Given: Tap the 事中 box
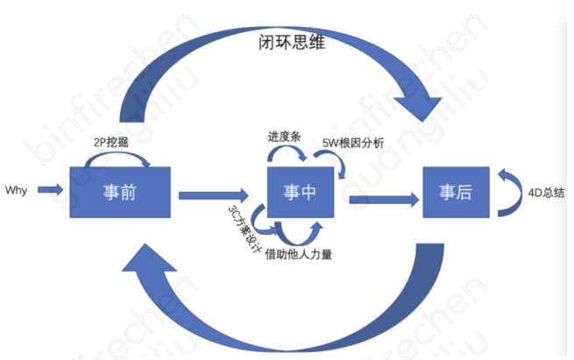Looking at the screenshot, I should pos(300,192).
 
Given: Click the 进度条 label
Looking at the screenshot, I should pos(285,137).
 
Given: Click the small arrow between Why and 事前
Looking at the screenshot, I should pos(51,189).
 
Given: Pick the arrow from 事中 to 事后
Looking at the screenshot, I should pos(381,200).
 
